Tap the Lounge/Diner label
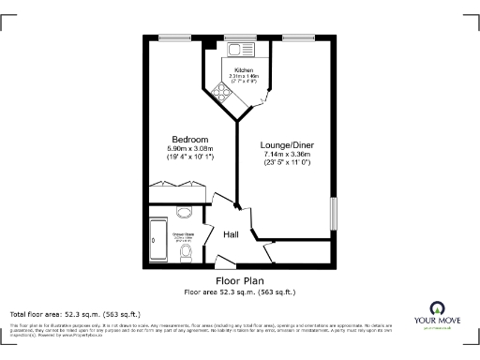coord(286,145)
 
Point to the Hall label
coord(230,234)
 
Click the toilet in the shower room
coord(185,252)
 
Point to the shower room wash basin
coord(184,211)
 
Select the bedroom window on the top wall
coord(174,37)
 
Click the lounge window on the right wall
coord(332,212)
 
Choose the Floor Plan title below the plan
coord(239,280)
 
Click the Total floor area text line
coord(75,313)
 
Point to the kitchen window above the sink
coord(234,37)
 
